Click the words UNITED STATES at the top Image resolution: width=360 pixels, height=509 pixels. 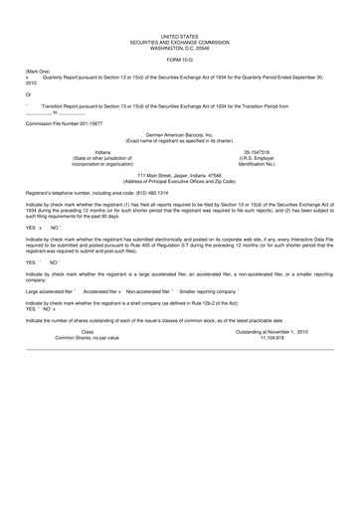179,34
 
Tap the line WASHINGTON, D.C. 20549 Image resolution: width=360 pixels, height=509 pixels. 179,45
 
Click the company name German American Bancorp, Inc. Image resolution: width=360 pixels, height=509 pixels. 179,133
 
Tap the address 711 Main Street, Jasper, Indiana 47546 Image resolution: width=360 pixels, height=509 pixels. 179,174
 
